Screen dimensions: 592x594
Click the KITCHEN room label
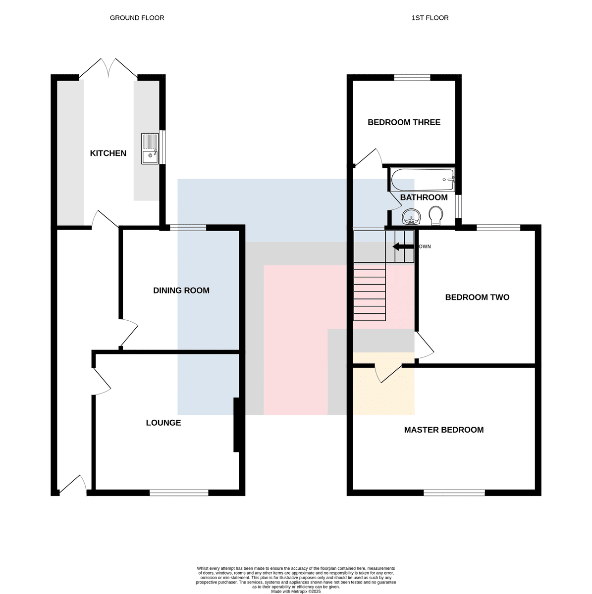[x=108, y=153]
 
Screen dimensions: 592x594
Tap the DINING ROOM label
[x=181, y=291]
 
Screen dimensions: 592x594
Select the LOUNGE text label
[x=163, y=423]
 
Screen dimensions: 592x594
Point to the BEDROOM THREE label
[x=404, y=122]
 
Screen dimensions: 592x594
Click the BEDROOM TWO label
[x=477, y=297]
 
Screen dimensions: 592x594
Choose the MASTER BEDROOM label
[x=443, y=430]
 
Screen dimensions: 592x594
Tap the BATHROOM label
[x=424, y=198]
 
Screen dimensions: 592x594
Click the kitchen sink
[x=150, y=148]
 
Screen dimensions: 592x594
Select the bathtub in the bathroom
[x=423, y=180]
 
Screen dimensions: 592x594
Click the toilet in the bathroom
[x=435, y=215]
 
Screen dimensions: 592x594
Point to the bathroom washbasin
[x=411, y=216]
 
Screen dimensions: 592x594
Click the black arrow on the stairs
[x=403, y=247]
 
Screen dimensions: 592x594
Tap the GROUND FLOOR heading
[x=137, y=18]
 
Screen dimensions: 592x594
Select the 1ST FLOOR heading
[x=430, y=18]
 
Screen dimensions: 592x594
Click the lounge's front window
[x=179, y=493]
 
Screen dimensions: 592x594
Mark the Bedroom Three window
[x=412, y=77]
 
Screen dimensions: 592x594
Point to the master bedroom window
[x=454, y=493]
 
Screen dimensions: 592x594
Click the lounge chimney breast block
[x=236, y=425]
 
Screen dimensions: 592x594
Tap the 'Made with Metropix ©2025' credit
[x=296, y=592]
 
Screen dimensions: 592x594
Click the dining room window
[x=188, y=228]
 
